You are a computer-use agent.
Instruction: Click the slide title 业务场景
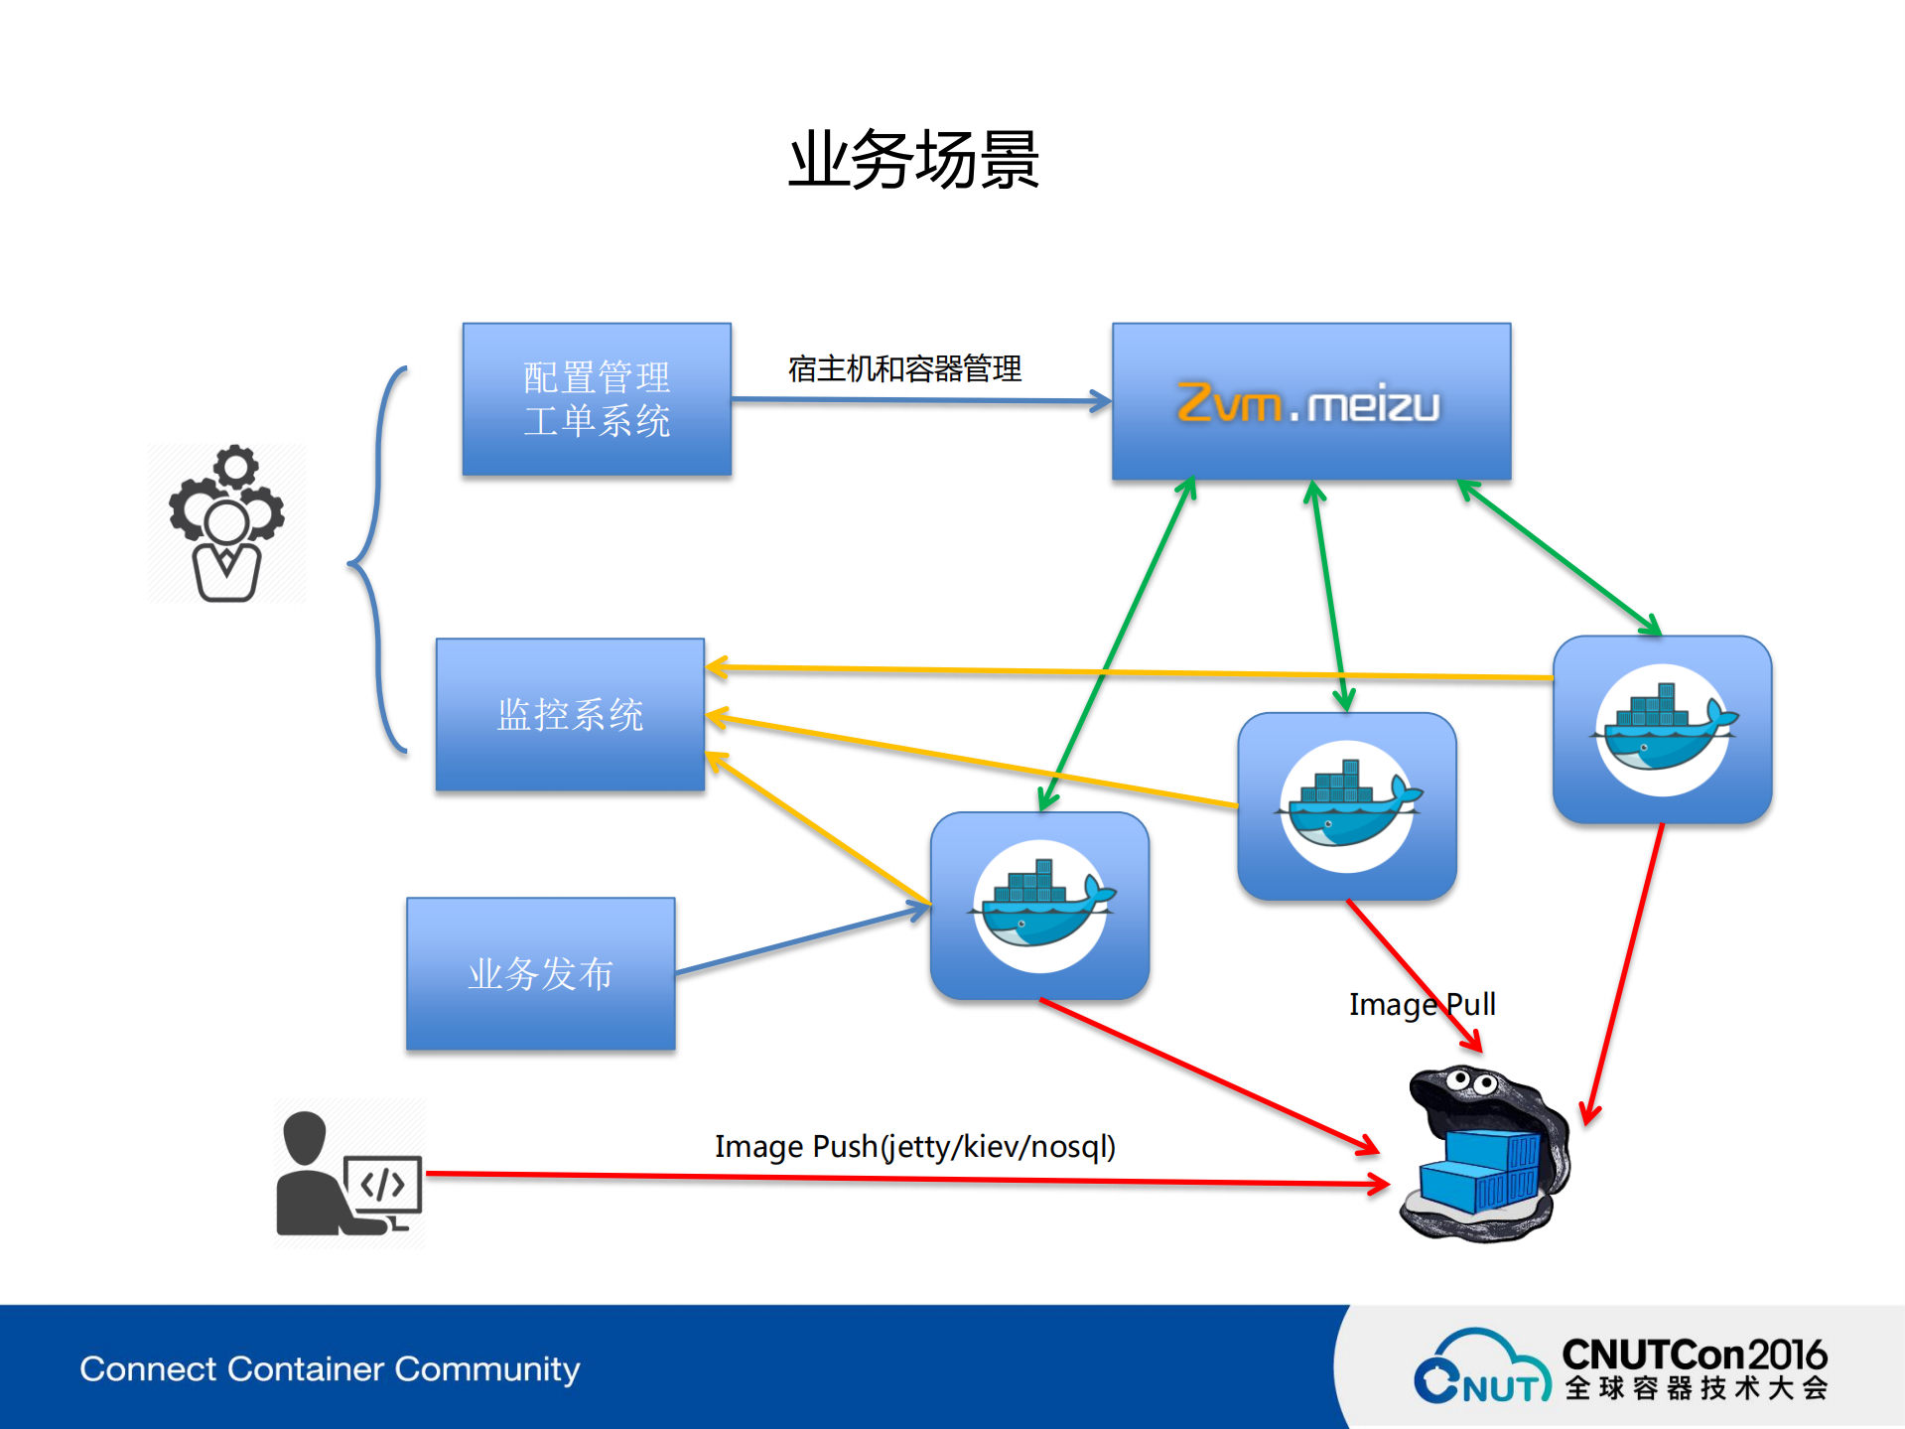point(913,159)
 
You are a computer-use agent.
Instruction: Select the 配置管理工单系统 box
point(597,399)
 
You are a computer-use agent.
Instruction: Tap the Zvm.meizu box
point(1310,401)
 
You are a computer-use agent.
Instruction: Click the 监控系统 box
point(570,715)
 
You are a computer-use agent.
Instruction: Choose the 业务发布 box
point(540,974)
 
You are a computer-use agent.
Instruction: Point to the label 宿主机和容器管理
point(904,368)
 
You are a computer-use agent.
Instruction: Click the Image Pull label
point(1421,1004)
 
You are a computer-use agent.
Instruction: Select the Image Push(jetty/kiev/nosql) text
point(914,1146)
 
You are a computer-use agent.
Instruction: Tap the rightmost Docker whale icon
point(1662,730)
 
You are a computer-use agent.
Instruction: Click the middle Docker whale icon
point(1346,806)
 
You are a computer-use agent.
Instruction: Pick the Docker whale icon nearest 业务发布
point(1039,906)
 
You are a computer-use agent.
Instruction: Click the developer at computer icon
point(348,1174)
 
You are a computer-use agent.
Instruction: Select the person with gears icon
point(226,523)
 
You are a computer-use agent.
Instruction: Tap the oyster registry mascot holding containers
point(1483,1157)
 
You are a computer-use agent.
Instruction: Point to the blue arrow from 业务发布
point(800,939)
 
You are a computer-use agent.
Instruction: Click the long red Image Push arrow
point(893,1178)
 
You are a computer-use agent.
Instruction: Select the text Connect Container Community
point(330,1368)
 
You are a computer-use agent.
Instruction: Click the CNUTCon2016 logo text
point(1694,1355)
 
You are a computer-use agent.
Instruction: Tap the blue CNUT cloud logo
point(1479,1368)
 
